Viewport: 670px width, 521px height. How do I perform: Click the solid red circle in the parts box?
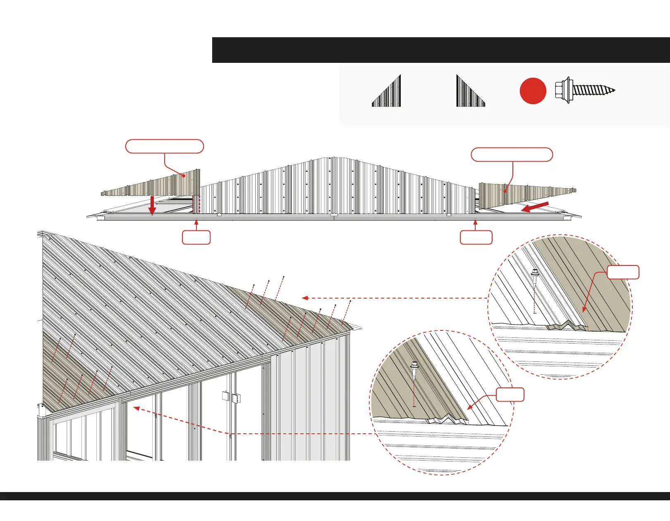(x=533, y=91)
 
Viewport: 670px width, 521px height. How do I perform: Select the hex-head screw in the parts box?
(x=584, y=90)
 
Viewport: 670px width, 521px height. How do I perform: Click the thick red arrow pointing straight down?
(x=152, y=206)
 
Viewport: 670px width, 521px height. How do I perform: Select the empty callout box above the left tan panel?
(x=164, y=146)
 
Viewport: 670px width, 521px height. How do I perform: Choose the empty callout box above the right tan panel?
(x=512, y=154)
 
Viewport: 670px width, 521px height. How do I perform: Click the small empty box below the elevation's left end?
(x=196, y=237)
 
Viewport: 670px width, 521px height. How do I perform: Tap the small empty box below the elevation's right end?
(x=476, y=237)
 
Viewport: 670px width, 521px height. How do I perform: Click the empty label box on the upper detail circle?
(x=623, y=272)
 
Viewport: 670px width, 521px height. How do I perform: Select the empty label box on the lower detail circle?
(x=510, y=394)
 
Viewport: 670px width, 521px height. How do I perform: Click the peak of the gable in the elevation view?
(x=333, y=158)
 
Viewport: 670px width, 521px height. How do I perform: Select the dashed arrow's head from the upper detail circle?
(x=304, y=298)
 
